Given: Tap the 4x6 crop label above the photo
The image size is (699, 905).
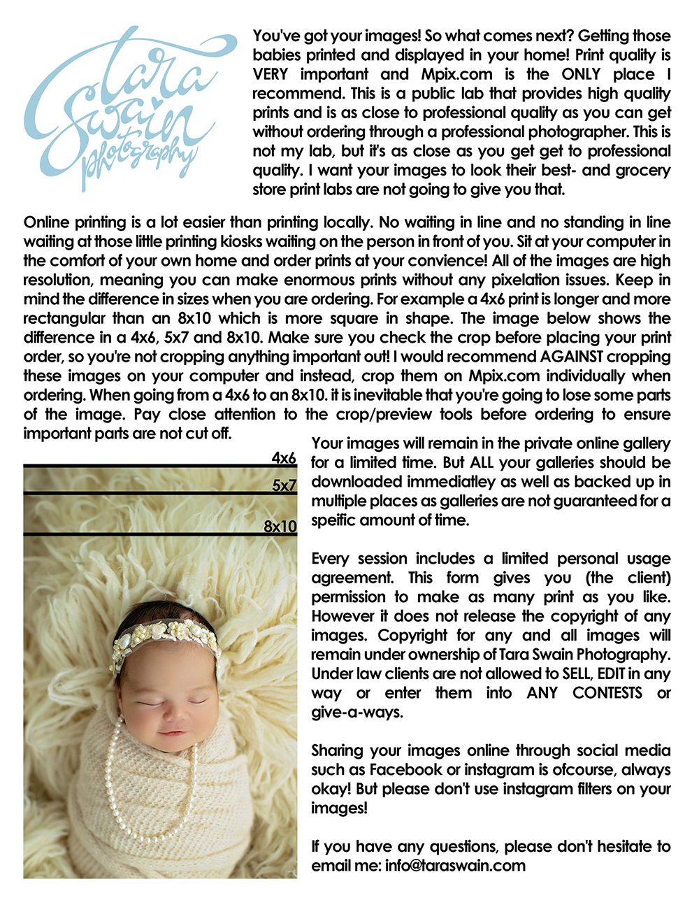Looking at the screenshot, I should [284, 458].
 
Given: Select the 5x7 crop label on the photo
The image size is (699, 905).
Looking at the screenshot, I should [284, 485].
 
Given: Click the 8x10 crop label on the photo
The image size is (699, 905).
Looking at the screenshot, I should [280, 527].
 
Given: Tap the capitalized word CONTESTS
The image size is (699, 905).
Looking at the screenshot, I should [607, 692].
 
